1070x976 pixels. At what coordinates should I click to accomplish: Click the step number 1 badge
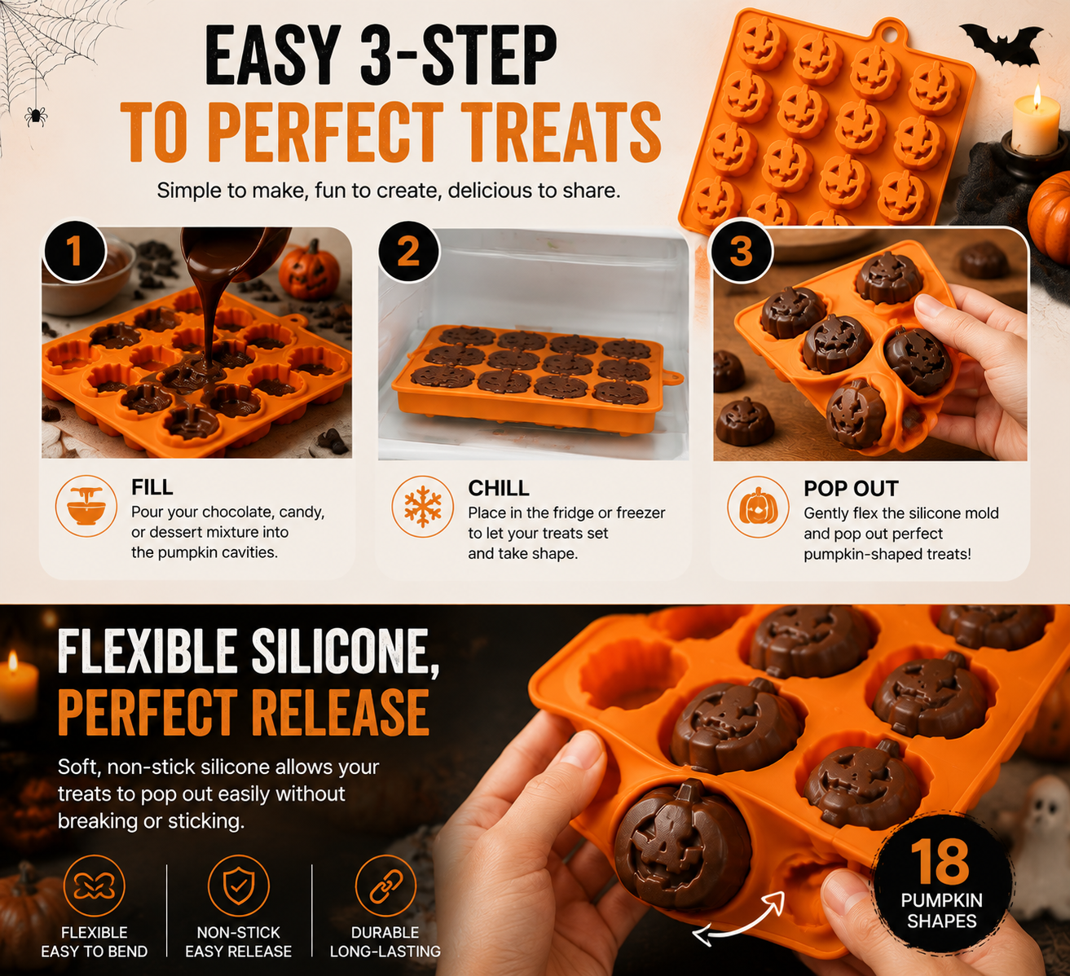tap(75, 251)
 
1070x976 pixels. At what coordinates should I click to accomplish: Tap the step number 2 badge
tap(409, 253)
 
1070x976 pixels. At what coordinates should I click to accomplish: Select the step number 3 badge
tap(742, 251)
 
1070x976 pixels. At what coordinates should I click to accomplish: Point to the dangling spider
tap(36, 116)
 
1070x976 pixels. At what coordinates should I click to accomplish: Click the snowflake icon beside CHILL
tap(422, 507)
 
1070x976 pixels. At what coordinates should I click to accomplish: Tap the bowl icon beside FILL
tap(86, 506)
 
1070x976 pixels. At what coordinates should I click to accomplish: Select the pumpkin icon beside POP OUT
tap(758, 508)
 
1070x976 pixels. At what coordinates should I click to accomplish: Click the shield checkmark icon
tap(239, 886)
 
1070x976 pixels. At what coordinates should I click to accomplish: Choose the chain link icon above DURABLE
tap(385, 886)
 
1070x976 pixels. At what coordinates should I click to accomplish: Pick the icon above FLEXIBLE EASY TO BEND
tap(94, 886)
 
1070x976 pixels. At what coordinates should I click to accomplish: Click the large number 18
tap(940, 861)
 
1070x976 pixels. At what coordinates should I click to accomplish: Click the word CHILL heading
tap(499, 488)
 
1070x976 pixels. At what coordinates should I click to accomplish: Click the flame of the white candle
tap(1037, 96)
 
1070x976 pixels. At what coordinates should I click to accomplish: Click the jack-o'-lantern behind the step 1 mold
tap(310, 270)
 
